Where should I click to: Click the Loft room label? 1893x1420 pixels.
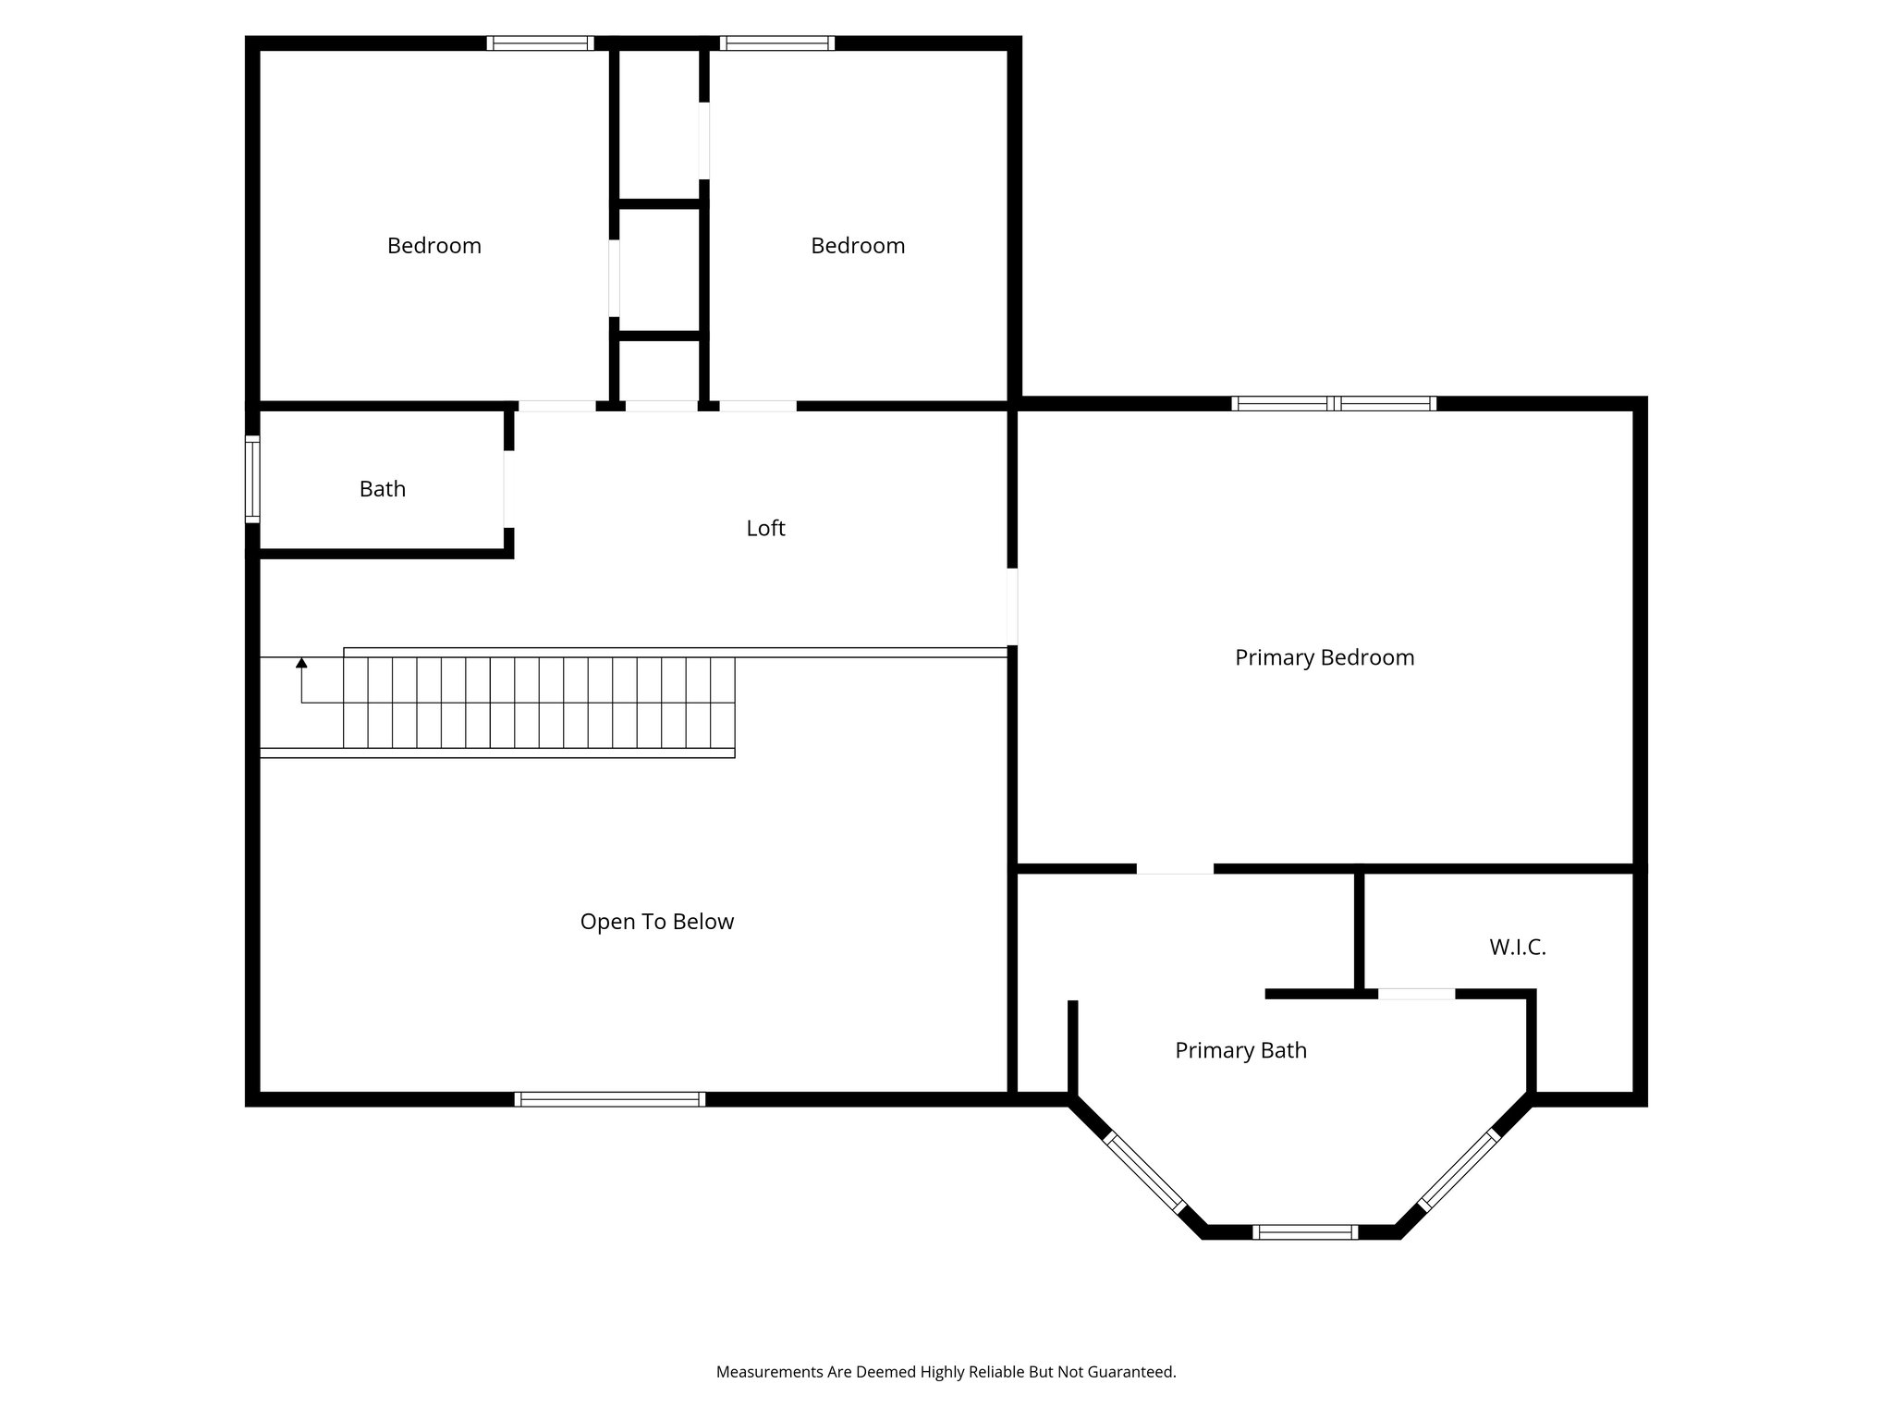point(765,528)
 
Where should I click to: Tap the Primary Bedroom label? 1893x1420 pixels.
point(1324,657)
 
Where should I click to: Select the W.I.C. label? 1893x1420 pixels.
point(1517,947)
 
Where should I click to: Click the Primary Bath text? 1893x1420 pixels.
point(1240,1050)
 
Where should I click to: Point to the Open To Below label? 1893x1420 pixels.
point(656,922)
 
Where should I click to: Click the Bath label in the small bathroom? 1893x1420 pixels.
point(382,489)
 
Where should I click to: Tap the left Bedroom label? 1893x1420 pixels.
point(434,246)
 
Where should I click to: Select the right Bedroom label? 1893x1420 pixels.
point(857,246)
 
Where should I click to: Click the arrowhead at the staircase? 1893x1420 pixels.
point(301,663)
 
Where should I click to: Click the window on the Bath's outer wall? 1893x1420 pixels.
point(251,480)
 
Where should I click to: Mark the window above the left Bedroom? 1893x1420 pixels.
point(541,43)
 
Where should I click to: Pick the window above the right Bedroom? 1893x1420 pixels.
point(777,43)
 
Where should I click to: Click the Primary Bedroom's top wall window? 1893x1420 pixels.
point(1334,403)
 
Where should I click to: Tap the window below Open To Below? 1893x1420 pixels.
point(610,1099)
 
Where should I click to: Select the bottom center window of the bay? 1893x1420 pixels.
point(1305,1231)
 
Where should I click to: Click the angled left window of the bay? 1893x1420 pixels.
point(1144,1172)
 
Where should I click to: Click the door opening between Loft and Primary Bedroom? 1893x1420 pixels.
point(1012,606)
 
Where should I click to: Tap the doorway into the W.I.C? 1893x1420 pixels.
point(1416,994)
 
